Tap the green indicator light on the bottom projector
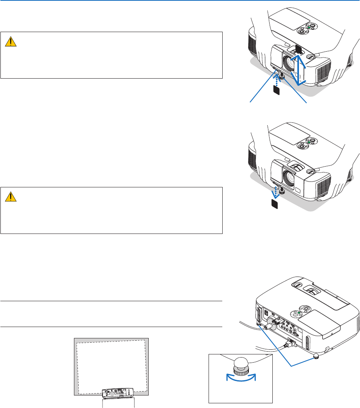300,313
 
